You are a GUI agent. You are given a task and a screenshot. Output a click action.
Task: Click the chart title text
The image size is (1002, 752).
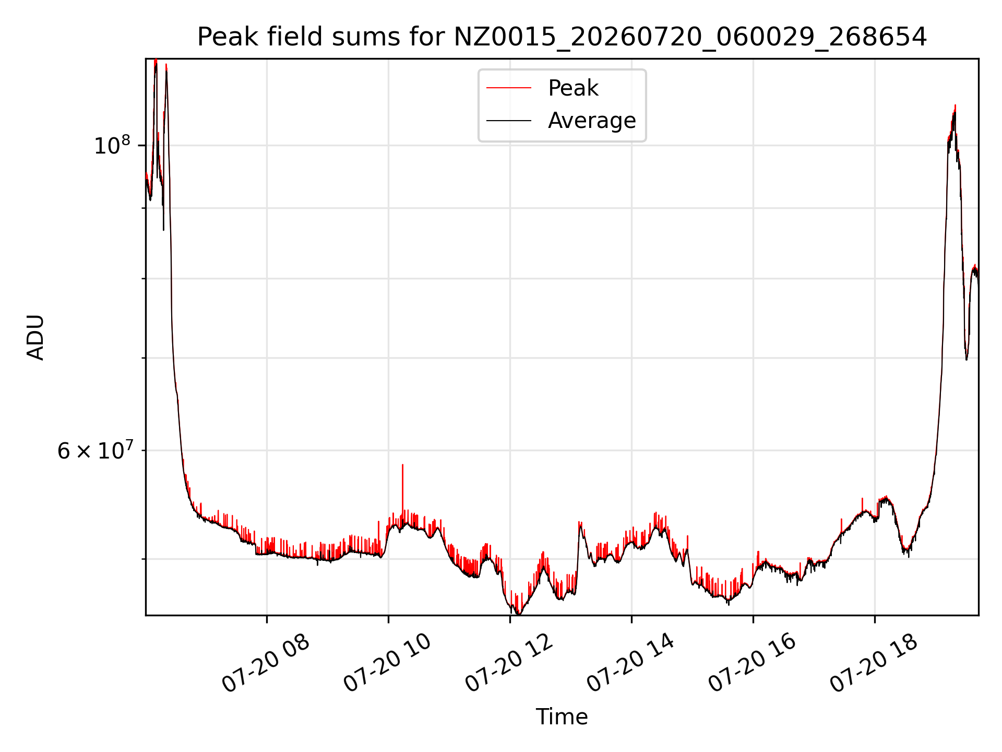click(x=562, y=37)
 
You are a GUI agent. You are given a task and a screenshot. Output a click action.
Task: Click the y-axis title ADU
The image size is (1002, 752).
click(x=35, y=337)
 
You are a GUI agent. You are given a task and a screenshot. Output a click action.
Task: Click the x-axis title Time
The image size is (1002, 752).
click(x=562, y=717)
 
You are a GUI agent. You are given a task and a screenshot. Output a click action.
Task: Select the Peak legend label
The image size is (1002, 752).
click(x=573, y=88)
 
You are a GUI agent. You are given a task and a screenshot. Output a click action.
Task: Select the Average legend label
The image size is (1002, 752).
click(x=592, y=121)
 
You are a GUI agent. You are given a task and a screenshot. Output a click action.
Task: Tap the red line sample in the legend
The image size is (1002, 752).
click(x=509, y=88)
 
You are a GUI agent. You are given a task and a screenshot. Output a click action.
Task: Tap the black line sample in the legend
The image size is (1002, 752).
click(x=509, y=121)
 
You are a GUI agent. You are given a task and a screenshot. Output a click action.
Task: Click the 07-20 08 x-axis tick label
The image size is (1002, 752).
click(x=267, y=663)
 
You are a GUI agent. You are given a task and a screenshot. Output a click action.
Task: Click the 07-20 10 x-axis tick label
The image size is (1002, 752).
click(x=388, y=663)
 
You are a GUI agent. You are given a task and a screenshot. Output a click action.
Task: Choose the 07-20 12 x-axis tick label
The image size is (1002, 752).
click(x=510, y=663)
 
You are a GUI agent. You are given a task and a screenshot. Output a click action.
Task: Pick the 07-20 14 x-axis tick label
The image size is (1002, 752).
click(x=631, y=663)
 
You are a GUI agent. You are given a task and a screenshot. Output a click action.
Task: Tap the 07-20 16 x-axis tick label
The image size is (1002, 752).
click(x=753, y=663)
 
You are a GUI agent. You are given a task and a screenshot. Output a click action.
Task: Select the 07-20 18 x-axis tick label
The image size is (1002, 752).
click(x=875, y=663)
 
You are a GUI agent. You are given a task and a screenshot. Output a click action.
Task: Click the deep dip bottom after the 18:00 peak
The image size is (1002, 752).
click(x=966, y=359)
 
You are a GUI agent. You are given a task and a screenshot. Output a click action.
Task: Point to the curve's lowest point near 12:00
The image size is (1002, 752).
click(x=517, y=613)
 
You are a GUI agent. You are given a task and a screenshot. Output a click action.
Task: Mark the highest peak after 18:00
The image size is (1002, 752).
click(x=955, y=105)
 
